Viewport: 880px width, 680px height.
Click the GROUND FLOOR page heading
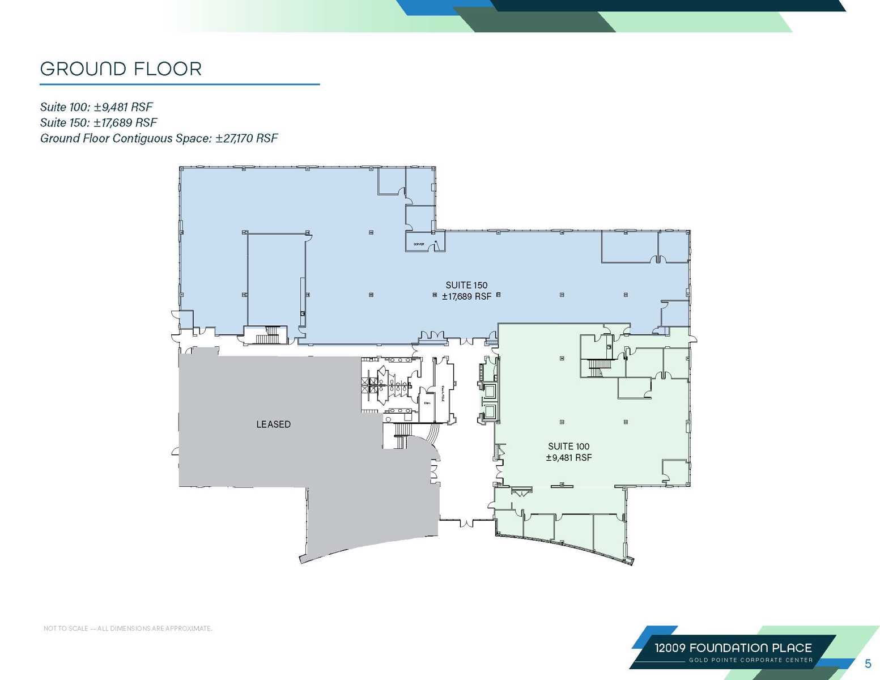click(121, 69)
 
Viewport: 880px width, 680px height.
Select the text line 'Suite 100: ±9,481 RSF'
click(96, 107)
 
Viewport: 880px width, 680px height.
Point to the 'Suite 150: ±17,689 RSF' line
click(99, 122)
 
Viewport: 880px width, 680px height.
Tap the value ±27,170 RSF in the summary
click(246, 138)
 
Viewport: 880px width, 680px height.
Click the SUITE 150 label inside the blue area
click(466, 285)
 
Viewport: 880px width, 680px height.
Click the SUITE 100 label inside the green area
click(568, 447)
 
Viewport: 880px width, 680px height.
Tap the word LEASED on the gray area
click(273, 424)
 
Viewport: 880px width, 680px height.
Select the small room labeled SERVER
click(420, 244)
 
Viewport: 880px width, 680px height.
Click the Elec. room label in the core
click(427, 402)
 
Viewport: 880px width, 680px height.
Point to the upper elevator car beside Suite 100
click(489, 390)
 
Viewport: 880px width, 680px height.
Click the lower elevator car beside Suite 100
click(489, 411)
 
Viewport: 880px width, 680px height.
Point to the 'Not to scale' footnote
click(127, 628)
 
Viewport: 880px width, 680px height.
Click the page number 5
click(868, 664)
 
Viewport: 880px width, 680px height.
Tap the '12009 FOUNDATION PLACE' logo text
click(733, 648)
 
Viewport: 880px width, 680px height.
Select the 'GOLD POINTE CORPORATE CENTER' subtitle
click(750, 660)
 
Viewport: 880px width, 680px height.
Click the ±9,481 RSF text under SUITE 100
click(568, 458)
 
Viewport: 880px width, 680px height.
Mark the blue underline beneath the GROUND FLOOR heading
click(179, 84)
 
